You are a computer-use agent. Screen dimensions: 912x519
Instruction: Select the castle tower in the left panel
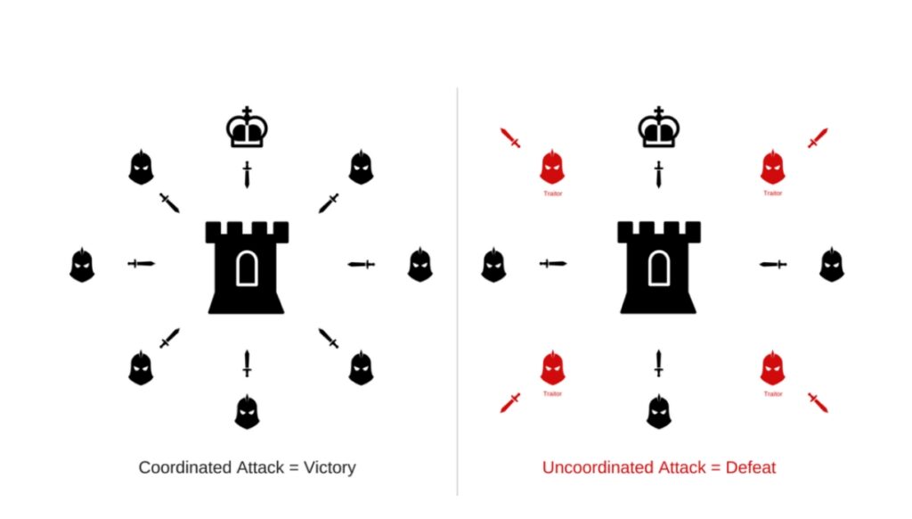[248, 268]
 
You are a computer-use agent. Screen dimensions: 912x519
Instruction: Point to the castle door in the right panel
[658, 268]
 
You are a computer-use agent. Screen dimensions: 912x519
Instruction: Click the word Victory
[330, 467]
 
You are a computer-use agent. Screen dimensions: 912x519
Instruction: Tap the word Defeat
[751, 467]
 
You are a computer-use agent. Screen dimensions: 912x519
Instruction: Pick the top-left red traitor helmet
[552, 167]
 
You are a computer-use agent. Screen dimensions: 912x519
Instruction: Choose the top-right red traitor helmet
[772, 167]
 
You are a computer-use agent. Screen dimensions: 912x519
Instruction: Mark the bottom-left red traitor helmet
[552, 367]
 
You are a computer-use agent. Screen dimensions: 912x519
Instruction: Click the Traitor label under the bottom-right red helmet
[772, 394]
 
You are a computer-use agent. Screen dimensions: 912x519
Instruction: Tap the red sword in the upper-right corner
[818, 138]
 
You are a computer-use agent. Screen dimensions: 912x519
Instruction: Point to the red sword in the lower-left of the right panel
[510, 402]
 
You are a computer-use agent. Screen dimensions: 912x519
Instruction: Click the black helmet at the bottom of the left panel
[248, 412]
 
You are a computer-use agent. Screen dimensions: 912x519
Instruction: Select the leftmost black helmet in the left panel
[82, 265]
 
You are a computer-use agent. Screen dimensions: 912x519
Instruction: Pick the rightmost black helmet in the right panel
[832, 265]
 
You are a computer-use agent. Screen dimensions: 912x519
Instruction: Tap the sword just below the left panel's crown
[248, 174]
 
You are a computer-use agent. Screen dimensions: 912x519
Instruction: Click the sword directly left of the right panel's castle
[552, 264]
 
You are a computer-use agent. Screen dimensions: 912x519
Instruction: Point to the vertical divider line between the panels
[457, 292]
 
